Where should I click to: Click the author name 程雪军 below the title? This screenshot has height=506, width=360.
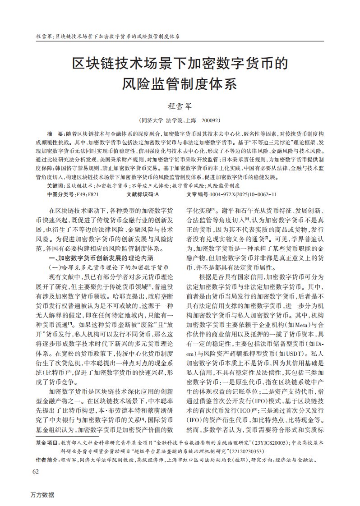tap(180, 107)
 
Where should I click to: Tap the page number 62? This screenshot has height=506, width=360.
tap(36, 472)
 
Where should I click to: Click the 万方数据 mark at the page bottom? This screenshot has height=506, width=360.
tap(42, 495)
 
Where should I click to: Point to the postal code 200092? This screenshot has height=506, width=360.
tap(211, 121)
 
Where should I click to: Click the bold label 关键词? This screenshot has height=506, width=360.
tap(55, 185)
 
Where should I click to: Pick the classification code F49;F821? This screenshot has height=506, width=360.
tap(88, 194)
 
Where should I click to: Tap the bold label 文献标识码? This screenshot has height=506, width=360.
tap(140, 194)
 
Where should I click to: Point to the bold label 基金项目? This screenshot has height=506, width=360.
tap(46, 443)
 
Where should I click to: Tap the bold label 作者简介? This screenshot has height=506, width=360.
tap(46, 460)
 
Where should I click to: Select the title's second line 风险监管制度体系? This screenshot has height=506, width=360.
tap(180, 83)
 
